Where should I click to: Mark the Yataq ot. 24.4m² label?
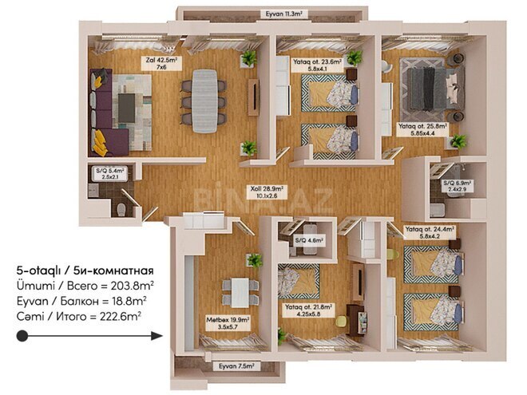click(430, 232)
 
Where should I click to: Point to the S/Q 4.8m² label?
click(306, 240)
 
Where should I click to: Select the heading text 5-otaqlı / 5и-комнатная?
click(84, 271)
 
